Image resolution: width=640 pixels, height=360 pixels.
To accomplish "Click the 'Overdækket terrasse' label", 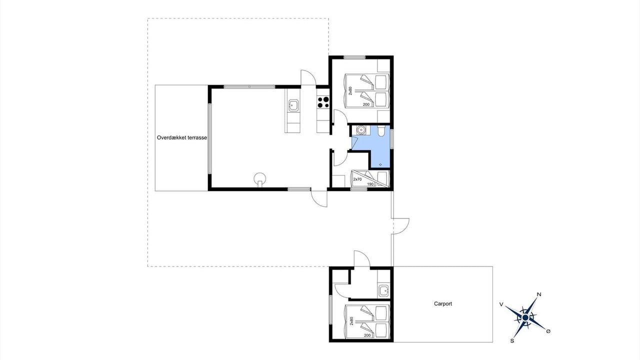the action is [x=181, y=137].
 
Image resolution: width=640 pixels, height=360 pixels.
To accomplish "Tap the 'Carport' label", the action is [x=443, y=303].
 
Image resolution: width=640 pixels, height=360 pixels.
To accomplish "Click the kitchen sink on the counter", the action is [x=293, y=105].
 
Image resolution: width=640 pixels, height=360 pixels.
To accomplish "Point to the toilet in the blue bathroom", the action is [x=381, y=130].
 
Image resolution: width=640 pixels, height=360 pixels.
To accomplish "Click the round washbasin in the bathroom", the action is [x=361, y=130].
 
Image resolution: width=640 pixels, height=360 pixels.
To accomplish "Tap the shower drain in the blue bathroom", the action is [x=380, y=164].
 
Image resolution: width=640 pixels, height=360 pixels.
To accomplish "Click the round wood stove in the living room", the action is [x=260, y=179].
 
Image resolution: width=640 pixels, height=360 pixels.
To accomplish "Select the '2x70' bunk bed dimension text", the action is [x=357, y=179].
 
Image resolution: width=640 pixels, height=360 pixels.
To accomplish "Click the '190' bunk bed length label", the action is [x=370, y=184].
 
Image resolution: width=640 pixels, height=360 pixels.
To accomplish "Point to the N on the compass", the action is [x=539, y=294].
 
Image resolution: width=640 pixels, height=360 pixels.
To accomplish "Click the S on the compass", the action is [x=512, y=341].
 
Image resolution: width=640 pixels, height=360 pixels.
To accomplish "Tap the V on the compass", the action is [x=501, y=304].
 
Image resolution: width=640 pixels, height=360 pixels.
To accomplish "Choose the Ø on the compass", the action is [x=548, y=331].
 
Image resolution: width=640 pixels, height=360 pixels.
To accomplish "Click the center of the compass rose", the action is [x=525, y=317].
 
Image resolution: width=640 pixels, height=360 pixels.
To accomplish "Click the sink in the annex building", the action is [x=383, y=291].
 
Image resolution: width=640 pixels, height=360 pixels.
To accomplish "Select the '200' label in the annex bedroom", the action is [x=367, y=335].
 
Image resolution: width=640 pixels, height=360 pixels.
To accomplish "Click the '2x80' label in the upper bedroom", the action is [x=350, y=91].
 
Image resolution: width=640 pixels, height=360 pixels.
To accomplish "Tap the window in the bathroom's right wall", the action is [x=392, y=139].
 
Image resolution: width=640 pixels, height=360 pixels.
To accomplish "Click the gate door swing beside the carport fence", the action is [x=401, y=226].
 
